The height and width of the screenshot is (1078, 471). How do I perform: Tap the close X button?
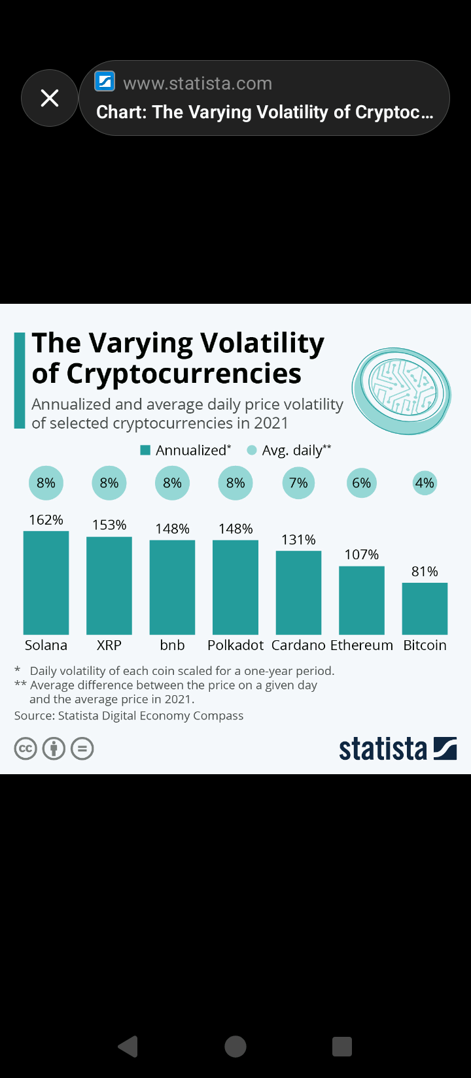tap(50, 98)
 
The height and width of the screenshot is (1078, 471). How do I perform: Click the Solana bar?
tap(46, 583)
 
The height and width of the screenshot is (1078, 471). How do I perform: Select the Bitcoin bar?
tap(425, 608)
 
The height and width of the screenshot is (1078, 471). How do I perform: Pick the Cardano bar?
tap(298, 593)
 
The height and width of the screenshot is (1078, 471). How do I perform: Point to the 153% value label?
tap(109, 525)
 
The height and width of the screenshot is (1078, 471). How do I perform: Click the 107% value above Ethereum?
tap(362, 555)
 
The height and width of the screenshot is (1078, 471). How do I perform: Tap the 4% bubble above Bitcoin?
tap(425, 483)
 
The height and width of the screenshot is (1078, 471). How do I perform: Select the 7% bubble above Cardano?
tap(298, 483)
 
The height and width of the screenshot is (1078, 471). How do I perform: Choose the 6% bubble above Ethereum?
tap(362, 483)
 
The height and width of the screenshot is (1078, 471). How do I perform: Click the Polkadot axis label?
tap(235, 645)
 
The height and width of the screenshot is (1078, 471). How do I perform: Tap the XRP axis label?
tap(109, 645)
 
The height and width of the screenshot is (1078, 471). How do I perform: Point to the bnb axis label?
tap(172, 645)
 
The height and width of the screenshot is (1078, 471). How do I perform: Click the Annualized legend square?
tap(145, 450)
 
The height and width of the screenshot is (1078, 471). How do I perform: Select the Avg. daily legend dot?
tap(252, 450)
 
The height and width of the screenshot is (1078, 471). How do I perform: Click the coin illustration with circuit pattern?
tap(402, 390)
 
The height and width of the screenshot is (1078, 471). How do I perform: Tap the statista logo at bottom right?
tap(397, 749)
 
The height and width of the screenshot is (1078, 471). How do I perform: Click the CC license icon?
tap(26, 749)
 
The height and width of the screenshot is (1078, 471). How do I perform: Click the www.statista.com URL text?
tap(198, 84)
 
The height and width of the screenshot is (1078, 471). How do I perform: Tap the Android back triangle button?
tap(129, 1047)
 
